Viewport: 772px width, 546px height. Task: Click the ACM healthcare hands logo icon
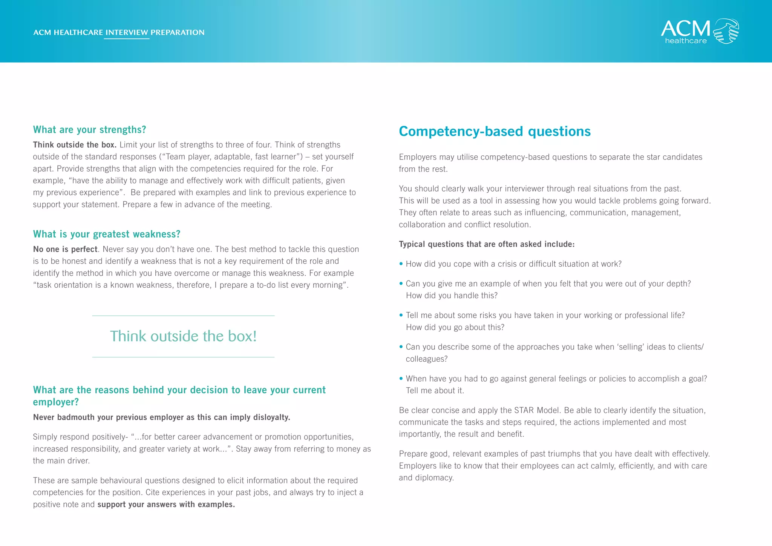point(726,31)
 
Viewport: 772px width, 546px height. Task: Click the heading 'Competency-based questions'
point(495,131)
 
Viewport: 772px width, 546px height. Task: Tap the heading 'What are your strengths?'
point(89,130)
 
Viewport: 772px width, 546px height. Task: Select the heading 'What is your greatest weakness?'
point(107,234)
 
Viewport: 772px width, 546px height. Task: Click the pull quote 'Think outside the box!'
point(183,336)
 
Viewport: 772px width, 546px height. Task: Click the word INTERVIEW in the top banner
point(127,32)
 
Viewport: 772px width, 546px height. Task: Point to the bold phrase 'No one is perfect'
point(65,249)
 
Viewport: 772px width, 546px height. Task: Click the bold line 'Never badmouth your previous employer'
point(161,417)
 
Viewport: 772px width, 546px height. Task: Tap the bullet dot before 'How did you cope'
point(401,264)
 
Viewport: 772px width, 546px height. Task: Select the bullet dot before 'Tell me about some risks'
point(401,315)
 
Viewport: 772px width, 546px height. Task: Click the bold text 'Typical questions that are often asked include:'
point(486,244)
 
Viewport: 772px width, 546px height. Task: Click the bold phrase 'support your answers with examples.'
point(166,505)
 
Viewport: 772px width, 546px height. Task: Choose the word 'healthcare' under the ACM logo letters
point(686,41)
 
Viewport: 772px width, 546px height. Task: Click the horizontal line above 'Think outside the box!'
point(183,316)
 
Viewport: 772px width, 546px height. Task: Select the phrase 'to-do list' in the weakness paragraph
point(273,285)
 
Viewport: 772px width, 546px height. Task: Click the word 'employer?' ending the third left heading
point(56,402)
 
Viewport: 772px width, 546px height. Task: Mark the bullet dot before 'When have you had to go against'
point(401,378)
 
